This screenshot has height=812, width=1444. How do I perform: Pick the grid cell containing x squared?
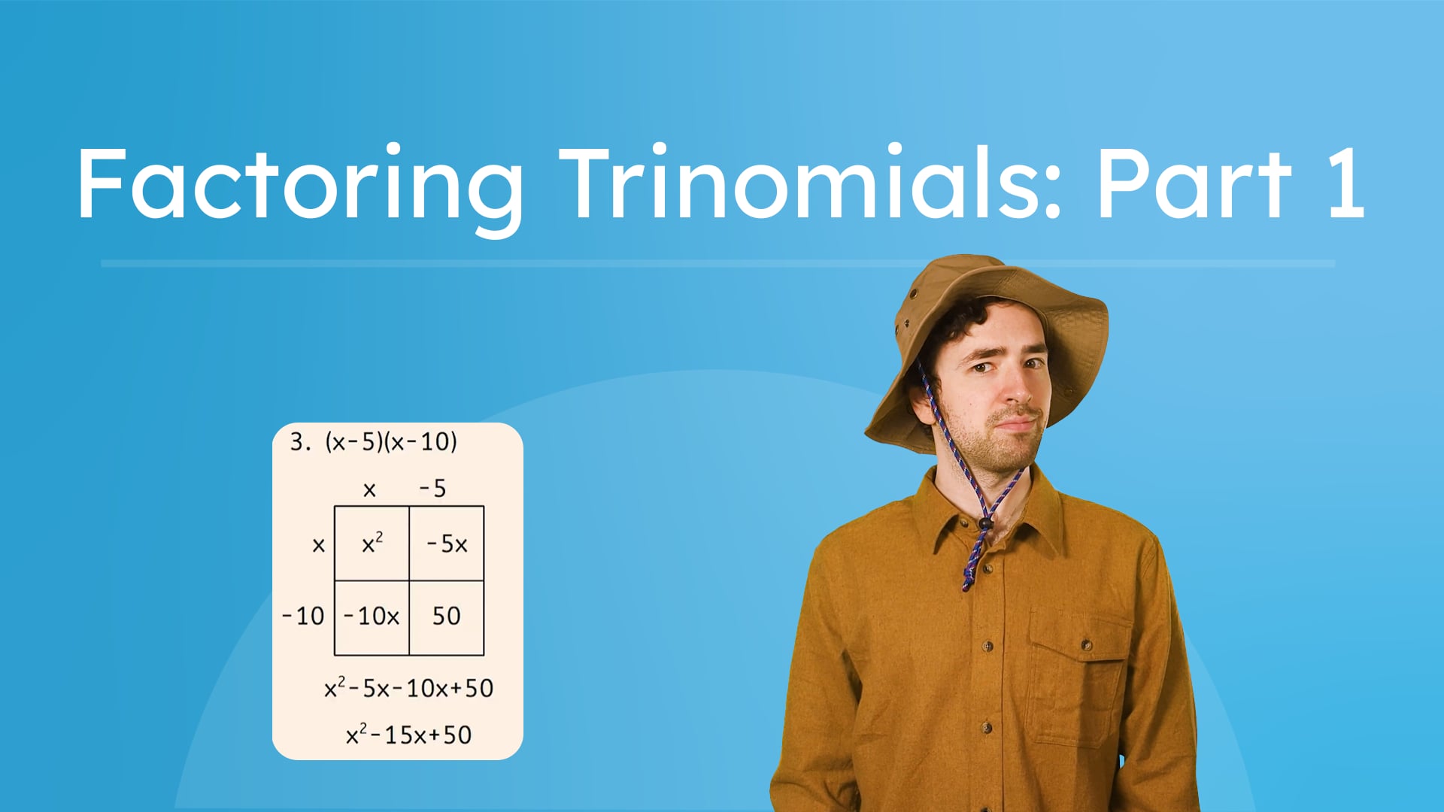click(x=372, y=543)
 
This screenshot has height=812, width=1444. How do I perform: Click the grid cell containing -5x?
click(x=447, y=543)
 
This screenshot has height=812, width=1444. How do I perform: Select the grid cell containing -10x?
click(x=372, y=617)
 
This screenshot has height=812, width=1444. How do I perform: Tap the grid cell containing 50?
click(x=446, y=617)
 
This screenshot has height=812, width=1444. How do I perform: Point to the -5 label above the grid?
click(x=432, y=489)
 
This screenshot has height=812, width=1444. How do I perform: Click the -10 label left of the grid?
click(x=303, y=617)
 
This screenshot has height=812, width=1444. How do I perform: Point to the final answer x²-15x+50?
click(x=408, y=735)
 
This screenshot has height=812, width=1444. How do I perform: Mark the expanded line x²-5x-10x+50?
click(x=408, y=688)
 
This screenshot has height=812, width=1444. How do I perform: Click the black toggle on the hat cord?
click(x=985, y=523)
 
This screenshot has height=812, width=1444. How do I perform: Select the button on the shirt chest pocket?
click(x=1086, y=645)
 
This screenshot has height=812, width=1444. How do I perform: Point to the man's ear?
click(x=922, y=402)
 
